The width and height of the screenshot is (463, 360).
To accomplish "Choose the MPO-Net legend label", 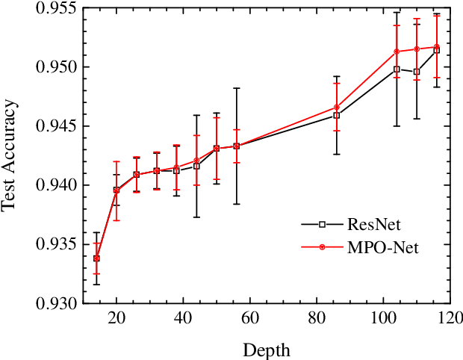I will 382,247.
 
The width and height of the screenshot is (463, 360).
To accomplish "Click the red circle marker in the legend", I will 322,247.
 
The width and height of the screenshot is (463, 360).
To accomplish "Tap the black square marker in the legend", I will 322,223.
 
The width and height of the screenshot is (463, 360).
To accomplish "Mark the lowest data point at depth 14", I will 96,258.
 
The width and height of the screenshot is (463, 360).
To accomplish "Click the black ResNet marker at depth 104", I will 397,69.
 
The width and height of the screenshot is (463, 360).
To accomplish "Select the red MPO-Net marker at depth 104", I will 397,52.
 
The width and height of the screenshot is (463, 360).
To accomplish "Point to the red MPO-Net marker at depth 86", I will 337,108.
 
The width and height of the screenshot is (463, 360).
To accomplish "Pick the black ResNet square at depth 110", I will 417,72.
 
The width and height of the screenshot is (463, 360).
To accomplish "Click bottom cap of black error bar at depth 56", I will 237,204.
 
